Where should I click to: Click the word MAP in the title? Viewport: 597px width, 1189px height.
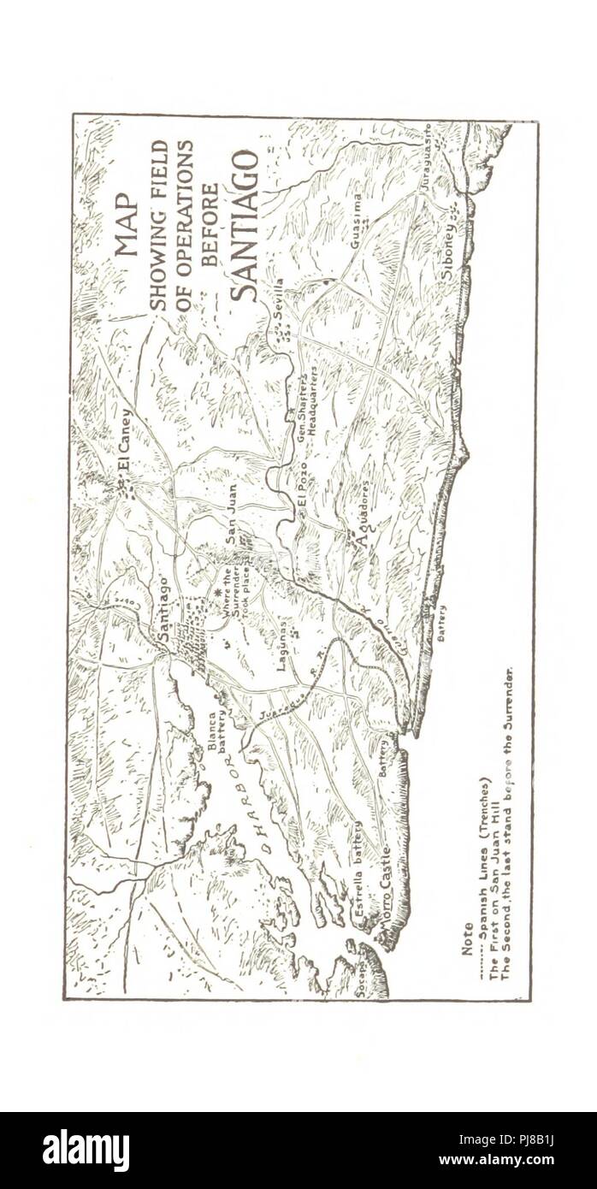coord(125,225)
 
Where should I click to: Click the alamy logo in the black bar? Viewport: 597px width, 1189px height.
coord(86,1150)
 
